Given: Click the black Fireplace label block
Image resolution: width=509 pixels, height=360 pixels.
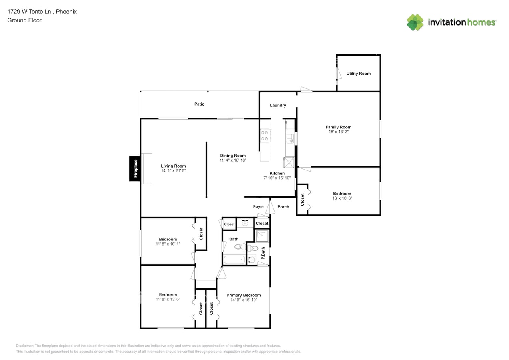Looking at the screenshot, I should coord(135,168).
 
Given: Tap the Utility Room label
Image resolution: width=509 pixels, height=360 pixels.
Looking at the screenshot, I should coord(358,74).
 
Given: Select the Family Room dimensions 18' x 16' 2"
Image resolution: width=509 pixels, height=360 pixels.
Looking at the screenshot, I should coord(338,132).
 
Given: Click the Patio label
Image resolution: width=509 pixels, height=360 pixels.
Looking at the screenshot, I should coord(199,104).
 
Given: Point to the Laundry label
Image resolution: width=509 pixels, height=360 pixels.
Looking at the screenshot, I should coord(278,106).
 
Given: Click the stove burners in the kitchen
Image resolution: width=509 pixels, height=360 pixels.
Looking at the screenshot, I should coord(264,135).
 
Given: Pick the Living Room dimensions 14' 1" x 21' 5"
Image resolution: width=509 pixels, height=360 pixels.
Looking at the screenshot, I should coord(173,171).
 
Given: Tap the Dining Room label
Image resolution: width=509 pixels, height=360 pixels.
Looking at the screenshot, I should coord(233,156).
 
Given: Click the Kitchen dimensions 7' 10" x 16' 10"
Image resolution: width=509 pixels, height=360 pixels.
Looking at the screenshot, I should coord(277,178).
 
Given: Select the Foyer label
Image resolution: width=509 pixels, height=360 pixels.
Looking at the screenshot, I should coord(258,207).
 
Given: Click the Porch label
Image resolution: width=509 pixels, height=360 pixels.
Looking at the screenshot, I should coord(283,207).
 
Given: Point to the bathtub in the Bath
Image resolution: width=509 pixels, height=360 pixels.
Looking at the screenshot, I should coord(234,260).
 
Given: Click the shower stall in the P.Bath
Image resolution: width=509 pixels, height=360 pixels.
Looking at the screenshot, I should coord(262,236).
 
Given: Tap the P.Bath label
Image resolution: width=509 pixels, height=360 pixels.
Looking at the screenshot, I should coord(263,254).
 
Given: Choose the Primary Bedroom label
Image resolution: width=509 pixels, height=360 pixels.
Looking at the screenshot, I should coord(244,295).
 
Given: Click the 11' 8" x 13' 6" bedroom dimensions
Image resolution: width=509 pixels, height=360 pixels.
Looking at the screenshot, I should coord(168,299).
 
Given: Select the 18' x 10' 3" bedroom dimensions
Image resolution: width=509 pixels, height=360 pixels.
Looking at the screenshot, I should coord(342,198).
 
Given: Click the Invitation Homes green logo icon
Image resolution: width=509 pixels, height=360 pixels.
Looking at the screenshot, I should coord(415,22).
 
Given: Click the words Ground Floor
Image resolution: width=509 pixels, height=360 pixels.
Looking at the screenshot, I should coord(24,20).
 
